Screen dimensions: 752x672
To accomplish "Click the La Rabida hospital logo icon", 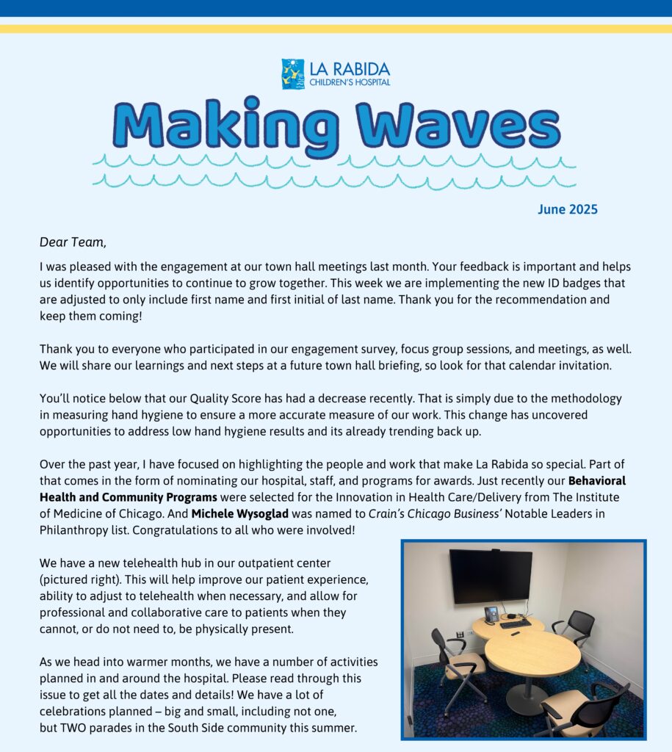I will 292,74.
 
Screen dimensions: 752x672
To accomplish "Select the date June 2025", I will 567,210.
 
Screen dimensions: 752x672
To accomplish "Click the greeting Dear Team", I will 73,241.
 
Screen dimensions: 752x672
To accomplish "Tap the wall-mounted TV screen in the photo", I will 491,576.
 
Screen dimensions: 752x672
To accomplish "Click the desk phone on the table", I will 491,614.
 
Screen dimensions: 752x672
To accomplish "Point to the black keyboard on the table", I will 515,623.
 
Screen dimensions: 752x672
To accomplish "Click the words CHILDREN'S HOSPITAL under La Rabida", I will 349,82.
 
